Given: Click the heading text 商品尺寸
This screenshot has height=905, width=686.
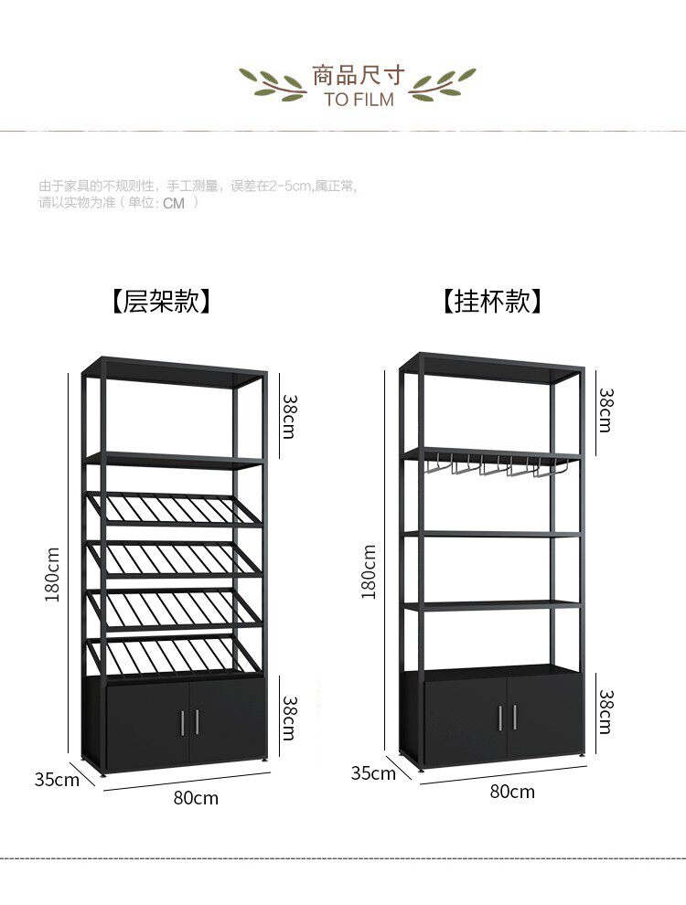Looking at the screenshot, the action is (x=359, y=75).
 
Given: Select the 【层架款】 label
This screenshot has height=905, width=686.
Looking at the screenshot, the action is (x=161, y=301).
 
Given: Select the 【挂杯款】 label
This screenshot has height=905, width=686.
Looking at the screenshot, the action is (x=492, y=301).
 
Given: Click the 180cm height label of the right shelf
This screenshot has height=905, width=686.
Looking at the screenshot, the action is (x=369, y=571).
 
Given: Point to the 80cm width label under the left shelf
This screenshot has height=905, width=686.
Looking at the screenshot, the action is (x=196, y=798).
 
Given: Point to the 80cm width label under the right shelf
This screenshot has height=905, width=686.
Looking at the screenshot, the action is (x=512, y=792).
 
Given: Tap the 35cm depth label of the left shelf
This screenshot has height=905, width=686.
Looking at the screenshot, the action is (x=57, y=780).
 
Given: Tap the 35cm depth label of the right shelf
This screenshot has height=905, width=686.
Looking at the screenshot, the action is (x=373, y=773).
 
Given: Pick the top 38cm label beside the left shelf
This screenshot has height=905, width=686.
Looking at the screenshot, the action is (x=289, y=416).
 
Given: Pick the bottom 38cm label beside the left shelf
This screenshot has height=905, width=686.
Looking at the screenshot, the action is (x=289, y=718).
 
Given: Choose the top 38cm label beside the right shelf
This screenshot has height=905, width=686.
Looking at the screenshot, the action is (x=606, y=409).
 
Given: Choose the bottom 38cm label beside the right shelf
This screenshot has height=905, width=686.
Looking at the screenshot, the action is (x=606, y=712).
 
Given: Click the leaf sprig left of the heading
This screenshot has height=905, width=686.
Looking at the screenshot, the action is (x=272, y=84).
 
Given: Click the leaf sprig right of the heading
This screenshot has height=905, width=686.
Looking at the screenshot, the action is (x=444, y=84).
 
